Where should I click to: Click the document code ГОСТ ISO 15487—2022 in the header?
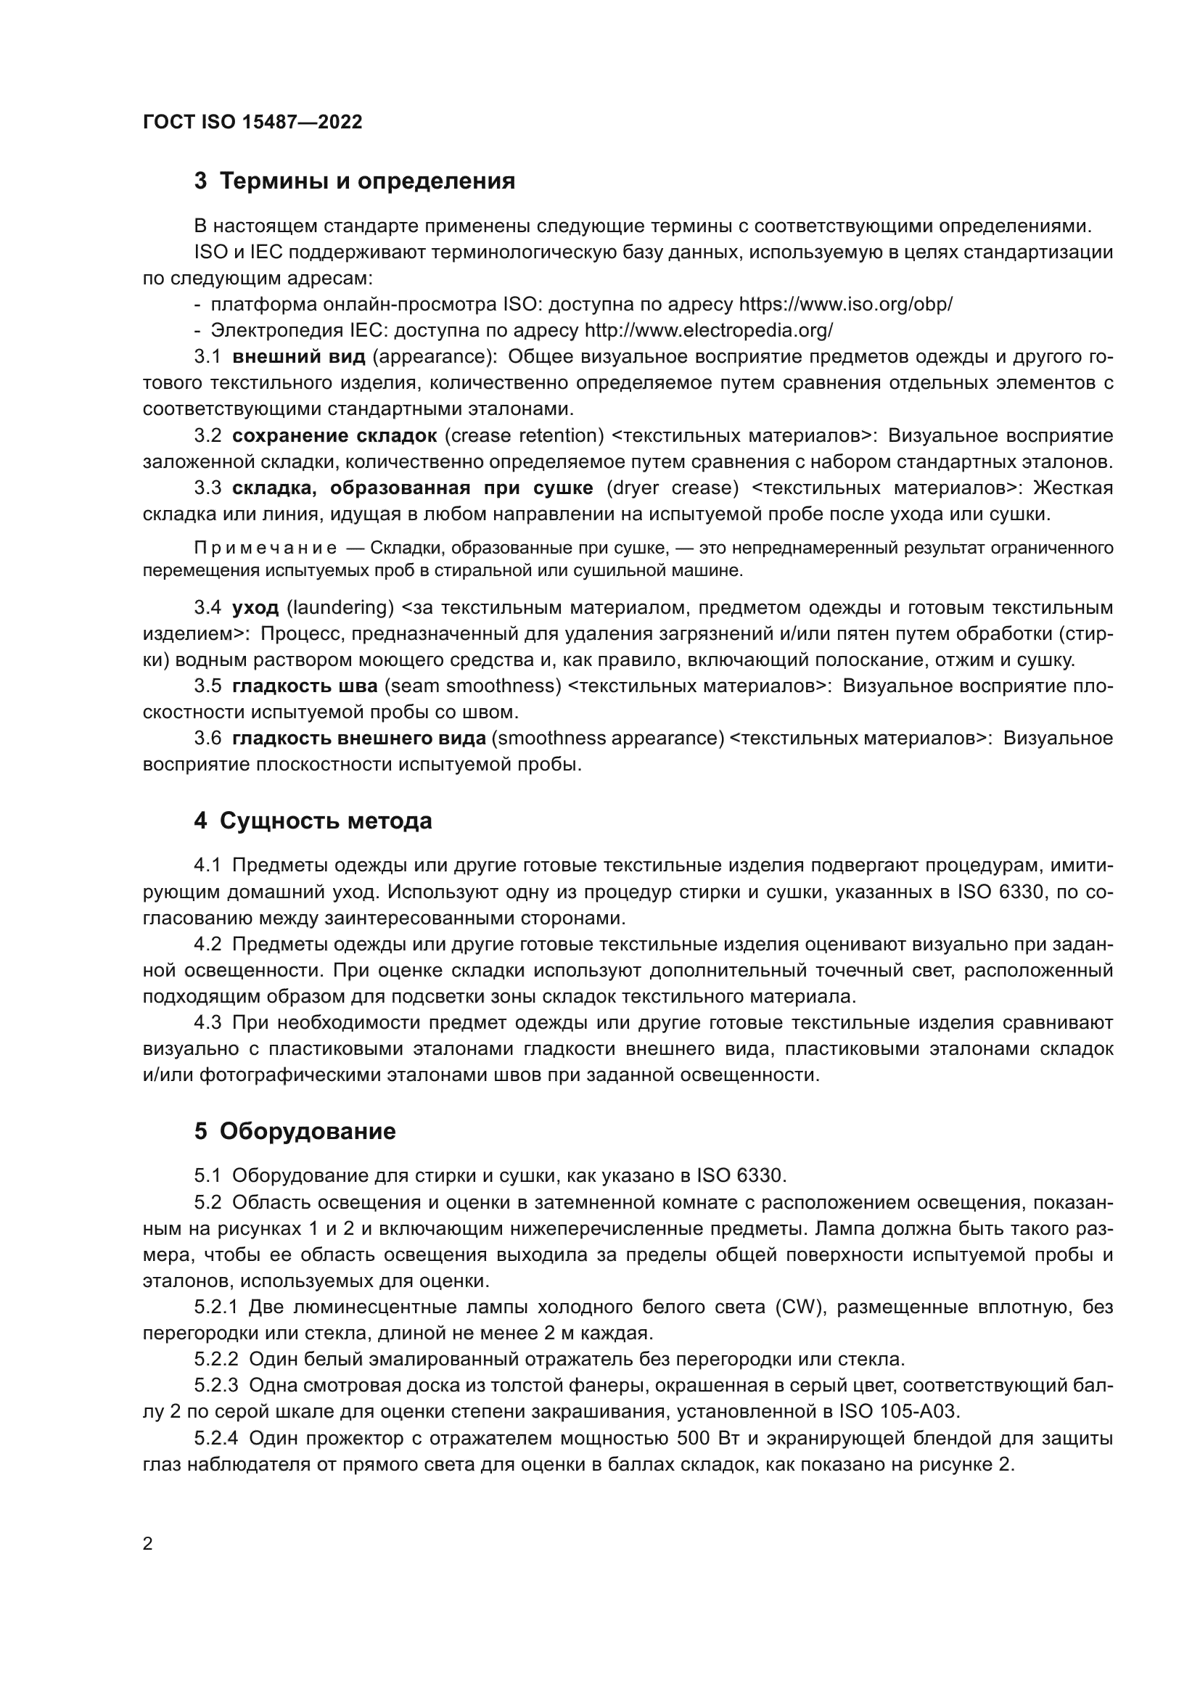tap(252, 122)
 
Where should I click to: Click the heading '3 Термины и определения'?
tap(355, 181)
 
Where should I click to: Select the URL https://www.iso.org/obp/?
tap(845, 305)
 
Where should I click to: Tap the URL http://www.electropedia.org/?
tap(709, 330)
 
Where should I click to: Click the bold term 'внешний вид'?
tap(298, 357)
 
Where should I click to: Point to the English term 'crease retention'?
tap(524, 436)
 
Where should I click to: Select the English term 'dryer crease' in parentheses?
tap(673, 488)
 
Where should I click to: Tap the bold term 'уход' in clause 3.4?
tap(255, 608)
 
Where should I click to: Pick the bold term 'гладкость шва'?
tap(305, 686)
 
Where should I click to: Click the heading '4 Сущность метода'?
tap(313, 821)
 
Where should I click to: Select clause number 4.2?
tap(207, 945)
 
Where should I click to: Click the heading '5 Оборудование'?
tap(295, 1132)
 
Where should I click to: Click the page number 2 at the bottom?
tap(148, 1544)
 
